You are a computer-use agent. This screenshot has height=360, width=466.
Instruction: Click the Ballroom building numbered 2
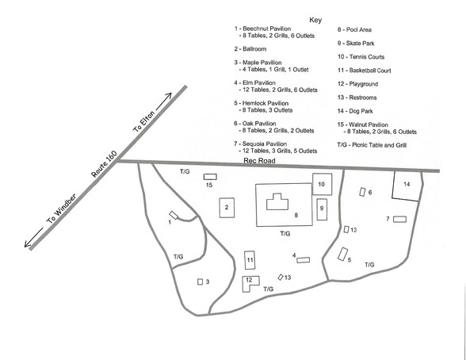tap(227, 208)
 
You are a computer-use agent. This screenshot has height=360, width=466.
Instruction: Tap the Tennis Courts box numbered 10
tap(322, 184)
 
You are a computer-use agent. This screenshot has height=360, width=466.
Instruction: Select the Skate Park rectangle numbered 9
tap(322, 209)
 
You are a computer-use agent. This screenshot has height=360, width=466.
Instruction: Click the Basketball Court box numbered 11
tap(250, 260)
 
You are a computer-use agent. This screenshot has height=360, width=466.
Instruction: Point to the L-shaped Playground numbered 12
tap(247, 284)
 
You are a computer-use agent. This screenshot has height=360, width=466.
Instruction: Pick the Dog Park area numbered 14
tap(407, 186)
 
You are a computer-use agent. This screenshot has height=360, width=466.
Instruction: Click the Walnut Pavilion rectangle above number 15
tap(210, 177)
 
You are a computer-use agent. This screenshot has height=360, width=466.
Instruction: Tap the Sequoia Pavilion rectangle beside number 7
tap(399, 219)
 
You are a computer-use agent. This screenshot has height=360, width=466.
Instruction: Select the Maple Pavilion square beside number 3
tap(201, 281)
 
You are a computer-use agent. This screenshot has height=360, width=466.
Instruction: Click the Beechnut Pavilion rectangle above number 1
tap(174, 215)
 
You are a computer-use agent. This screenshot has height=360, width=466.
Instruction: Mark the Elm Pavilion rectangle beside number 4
tap(303, 260)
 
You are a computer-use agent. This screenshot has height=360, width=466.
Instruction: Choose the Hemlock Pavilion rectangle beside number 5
tap(343, 255)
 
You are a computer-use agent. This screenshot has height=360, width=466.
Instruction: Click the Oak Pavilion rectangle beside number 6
tap(362, 192)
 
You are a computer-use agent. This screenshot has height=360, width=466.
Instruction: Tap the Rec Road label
tap(259, 161)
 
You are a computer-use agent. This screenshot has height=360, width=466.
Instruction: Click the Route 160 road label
tap(104, 164)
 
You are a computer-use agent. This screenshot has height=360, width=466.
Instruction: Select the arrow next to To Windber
tap(33, 238)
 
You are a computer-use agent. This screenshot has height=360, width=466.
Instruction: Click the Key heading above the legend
tap(315, 20)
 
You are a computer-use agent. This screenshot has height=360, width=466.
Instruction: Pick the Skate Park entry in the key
tap(356, 44)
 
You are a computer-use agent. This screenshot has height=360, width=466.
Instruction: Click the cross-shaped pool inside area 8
tap(277, 202)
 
